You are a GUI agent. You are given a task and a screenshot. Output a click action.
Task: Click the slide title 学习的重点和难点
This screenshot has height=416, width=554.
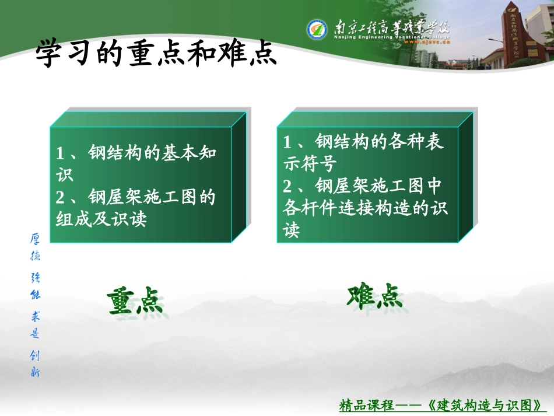[x=156, y=54]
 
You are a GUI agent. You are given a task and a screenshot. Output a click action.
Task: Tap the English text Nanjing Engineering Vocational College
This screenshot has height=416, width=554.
[x=392, y=37]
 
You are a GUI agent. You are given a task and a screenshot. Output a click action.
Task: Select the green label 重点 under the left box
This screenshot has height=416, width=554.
[x=135, y=301]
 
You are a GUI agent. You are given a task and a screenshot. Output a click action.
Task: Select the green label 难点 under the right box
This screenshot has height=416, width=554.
[x=375, y=296]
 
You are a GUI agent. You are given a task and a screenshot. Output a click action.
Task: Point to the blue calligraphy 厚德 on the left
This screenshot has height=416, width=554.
[x=35, y=247]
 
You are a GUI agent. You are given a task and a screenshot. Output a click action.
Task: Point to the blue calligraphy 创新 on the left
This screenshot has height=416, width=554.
[x=35, y=363]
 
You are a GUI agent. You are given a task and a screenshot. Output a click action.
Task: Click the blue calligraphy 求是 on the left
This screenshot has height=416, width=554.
[x=35, y=324]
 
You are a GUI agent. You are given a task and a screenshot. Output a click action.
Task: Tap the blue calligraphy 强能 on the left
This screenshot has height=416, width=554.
[x=35, y=285]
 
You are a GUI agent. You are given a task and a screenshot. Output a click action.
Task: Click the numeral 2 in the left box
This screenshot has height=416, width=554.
[x=60, y=198]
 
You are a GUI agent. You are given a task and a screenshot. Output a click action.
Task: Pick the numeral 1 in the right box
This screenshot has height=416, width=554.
[x=287, y=142]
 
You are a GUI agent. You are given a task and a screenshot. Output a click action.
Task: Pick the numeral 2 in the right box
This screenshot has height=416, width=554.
[x=287, y=187]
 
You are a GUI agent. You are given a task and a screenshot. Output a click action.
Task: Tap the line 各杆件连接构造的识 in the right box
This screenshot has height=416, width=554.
[x=365, y=209]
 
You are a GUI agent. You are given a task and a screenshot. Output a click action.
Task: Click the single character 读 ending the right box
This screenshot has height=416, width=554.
[x=291, y=231]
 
